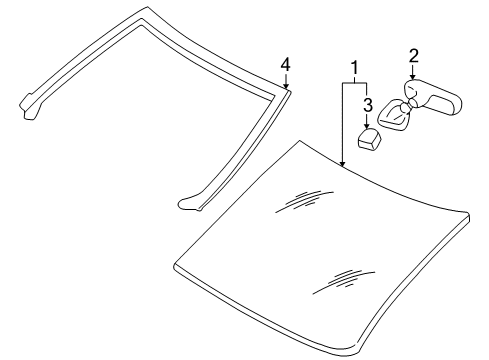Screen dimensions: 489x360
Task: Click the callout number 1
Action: point(351,70)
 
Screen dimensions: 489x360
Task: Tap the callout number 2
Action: point(412,56)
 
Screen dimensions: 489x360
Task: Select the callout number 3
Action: point(367,104)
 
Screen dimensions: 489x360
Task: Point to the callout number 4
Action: point(285,65)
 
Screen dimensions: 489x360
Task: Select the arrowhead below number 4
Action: point(285,89)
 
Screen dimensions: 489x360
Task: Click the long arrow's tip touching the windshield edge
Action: point(342,165)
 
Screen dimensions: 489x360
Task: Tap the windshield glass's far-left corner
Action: point(175,269)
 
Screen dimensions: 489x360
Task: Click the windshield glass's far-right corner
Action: point(467,241)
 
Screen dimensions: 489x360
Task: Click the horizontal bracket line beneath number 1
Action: point(354,85)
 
